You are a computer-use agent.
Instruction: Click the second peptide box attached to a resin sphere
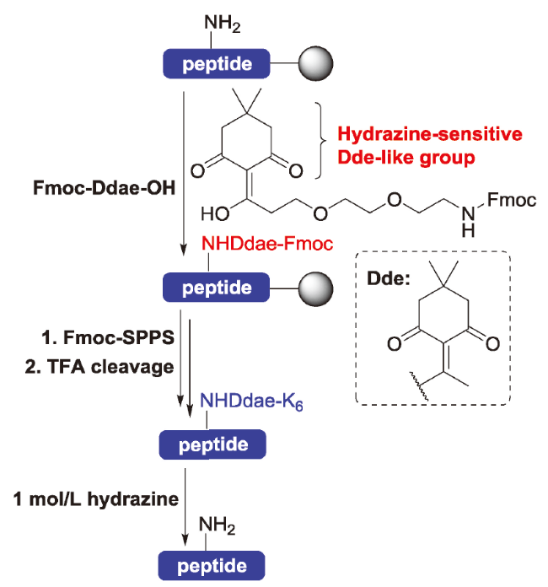pyautogui.click(x=217, y=287)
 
